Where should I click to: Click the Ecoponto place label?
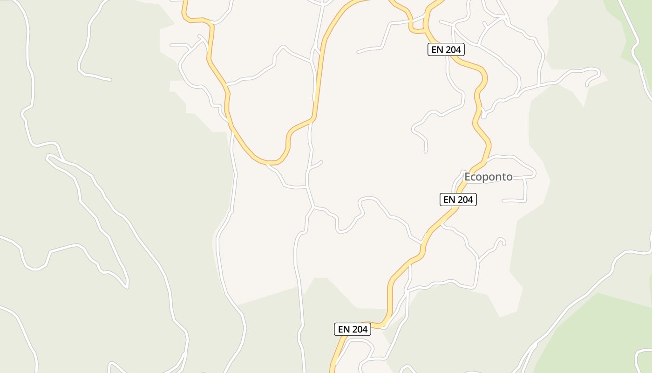click(488, 177)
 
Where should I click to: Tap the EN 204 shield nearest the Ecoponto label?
click(458, 200)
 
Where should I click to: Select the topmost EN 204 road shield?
click(446, 49)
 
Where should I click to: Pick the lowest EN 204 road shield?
click(353, 329)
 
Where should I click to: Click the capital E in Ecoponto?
click(468, 177)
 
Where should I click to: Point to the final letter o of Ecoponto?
click(509, 177)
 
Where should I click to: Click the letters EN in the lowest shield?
click(344, 329)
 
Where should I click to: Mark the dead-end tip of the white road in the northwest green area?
click(110, 80)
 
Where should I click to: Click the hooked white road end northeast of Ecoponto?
click(588, 85)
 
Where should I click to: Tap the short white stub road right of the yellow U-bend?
click(321, 162)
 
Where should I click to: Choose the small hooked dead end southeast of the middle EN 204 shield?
click(504, 243)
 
